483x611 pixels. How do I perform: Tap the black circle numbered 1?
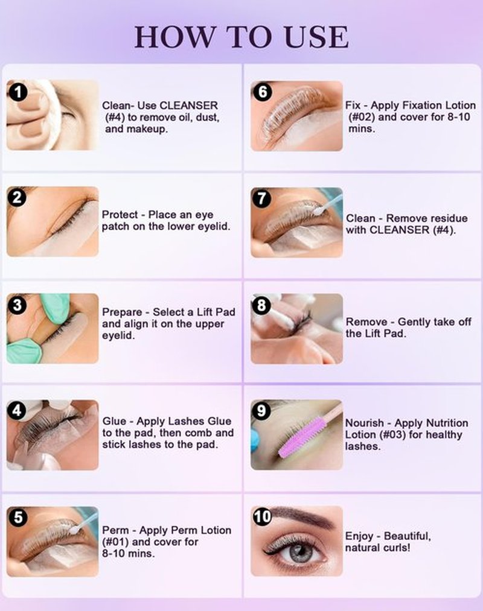[17, 92]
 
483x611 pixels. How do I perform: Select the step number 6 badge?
[263, 92]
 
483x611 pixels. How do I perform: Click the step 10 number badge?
[262, 517]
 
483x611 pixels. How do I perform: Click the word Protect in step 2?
[120, 215]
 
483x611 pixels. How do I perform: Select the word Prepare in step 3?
[122, 312]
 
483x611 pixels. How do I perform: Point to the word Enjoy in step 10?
[359, 537]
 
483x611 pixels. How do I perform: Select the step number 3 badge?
[17, 305]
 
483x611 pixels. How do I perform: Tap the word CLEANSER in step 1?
[188, 106]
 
